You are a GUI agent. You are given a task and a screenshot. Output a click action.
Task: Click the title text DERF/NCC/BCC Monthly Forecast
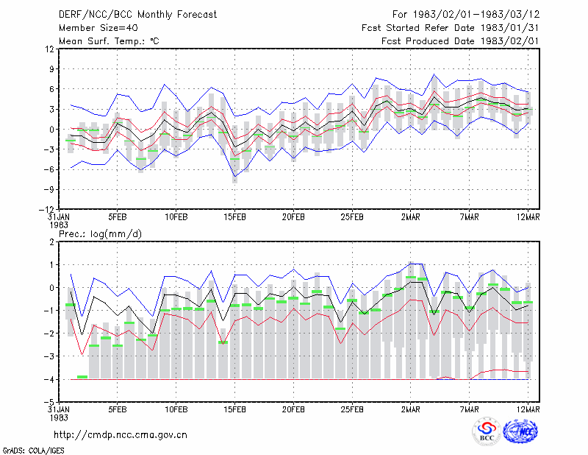point(137,15)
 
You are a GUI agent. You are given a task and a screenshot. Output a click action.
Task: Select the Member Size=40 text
point(98,28)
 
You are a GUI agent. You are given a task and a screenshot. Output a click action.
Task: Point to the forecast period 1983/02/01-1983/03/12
point(476,15)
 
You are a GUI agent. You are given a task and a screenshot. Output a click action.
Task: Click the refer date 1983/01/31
point(509,28)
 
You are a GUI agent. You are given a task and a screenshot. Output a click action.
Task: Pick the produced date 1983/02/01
point(509,41)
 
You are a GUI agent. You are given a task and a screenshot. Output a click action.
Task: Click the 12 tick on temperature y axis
point(50,49)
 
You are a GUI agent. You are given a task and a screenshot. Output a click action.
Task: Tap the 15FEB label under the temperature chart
point(234,217)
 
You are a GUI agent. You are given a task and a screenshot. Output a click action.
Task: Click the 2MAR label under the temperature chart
point(411,217)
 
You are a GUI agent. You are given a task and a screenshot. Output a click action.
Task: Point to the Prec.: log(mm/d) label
point(101,234)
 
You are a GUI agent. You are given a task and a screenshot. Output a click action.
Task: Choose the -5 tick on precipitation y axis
point(49,402)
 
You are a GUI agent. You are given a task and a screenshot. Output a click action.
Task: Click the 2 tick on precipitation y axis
point(51,242)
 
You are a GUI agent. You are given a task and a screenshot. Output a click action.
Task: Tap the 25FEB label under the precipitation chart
point(352,409)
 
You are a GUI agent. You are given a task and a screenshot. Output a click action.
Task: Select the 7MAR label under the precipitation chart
point(469,409)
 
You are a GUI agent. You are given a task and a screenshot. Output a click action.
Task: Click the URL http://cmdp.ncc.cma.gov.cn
point(121,435)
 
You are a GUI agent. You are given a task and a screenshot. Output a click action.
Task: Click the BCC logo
point(487,431)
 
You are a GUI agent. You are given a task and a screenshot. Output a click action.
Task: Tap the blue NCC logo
point(520,431)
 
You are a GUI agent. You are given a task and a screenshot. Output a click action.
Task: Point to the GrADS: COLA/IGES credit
point(33,451)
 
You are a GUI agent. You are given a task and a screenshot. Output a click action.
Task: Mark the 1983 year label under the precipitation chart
point(59,417)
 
